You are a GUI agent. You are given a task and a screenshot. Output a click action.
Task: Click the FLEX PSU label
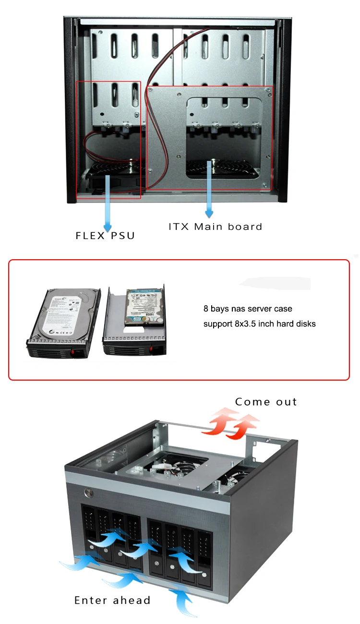pyautogui.click(x=105, y=236)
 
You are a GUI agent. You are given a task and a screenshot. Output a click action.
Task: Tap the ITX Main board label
pyautogui.click(x=216, y=227)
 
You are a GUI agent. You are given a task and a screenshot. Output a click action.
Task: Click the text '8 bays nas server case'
pyautogui.click(x=247, y=309)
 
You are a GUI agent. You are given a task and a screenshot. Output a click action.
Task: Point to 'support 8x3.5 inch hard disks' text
pyautogui.click(x=259, y=324)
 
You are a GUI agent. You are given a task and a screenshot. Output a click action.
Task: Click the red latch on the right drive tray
pyautogui.click(x=154, y=349)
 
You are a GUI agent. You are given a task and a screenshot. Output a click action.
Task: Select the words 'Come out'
pyautogui.click(x=266, y=402)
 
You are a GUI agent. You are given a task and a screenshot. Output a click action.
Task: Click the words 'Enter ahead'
pyautogui.click(x=112, y=600)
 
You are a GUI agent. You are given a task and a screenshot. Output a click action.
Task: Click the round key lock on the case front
pyautogui.click(x=89, y=492)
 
